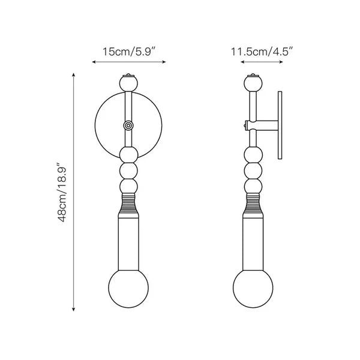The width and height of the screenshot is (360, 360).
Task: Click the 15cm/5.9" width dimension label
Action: tap(128, 52)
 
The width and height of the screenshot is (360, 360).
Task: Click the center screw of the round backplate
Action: tap(128, 125)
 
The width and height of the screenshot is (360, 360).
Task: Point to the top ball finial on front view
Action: tap(128, 82)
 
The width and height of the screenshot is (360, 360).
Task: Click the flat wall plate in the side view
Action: tap(280, 125)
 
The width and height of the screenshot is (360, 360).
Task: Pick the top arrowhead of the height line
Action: tap(74, 74)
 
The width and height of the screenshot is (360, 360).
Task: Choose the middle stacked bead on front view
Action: tap(128, 170)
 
